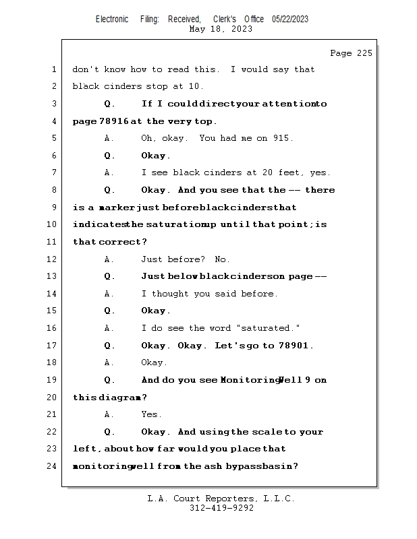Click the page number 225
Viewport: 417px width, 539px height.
point(364,53)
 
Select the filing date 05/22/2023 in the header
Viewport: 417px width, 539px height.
point(290,20)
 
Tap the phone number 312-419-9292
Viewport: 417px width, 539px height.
point(221,508)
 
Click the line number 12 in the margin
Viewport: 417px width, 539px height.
point(52,259)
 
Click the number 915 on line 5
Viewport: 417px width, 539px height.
point(281,138)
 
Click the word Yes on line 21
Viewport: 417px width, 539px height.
point(149,414)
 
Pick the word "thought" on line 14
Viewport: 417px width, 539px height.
point(170,294)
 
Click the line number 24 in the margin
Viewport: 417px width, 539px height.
point(52,466)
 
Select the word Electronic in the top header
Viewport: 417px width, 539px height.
point(112,20)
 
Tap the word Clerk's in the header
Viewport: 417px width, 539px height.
point(225,20)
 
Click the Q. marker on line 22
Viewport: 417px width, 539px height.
point(109,432)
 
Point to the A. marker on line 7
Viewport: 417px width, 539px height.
point(109,172)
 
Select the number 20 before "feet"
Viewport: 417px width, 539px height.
point(268,172)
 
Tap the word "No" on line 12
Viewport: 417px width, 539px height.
point(220,259)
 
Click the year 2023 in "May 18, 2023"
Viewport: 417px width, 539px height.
point(242,29)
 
